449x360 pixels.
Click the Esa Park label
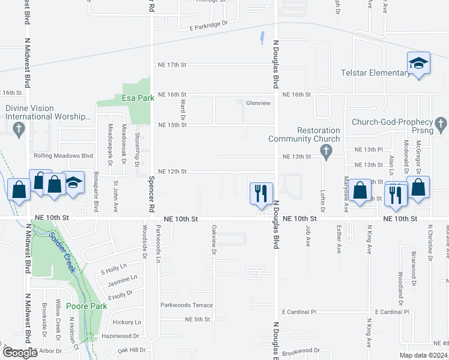pyautogui.click(x=134, y=99)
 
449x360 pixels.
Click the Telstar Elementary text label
pyautogui.click(x=375, y=73)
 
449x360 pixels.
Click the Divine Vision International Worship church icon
pyautogui.click(x=19, y=128)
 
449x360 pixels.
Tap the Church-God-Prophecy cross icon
pyautogui.click(x=441, y=124)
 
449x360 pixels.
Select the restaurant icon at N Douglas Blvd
pyautogui.click(x=261, y=193)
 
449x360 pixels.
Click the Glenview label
pyautogui.click(x=258, y=103)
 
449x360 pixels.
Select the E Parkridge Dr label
pyautogui.click(x=209, y=25)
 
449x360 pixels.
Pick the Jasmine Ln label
pyautogui.click(x=122, y=278)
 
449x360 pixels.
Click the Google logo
pyautogui.click(x=20, y=353)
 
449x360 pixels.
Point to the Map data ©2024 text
pyautogui.click(x=423, y=355)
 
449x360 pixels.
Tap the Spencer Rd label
pyautogui.click(x=151, y=190)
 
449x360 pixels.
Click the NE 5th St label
pyautogui.click(x=197, y=319)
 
